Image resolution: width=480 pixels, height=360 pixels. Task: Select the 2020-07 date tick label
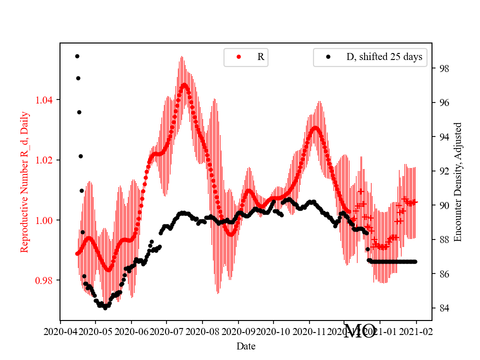click(x=166, y=331)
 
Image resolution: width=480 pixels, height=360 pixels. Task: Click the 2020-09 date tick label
click(x=238, y=331)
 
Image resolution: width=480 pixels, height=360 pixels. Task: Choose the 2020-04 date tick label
click(x=60, y=331)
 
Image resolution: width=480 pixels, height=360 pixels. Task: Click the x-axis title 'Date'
click(x=246, y=345)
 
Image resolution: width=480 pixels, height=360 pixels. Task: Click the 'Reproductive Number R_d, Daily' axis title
click(x=24, y=182)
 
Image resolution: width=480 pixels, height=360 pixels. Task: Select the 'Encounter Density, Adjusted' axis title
click(x=457, y=182)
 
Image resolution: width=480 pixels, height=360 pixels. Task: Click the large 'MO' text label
click(x=360, y=331)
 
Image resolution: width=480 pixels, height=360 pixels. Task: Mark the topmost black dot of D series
click(x=77, y=56)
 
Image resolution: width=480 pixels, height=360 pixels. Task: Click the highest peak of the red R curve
click(x=184, y=84)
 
